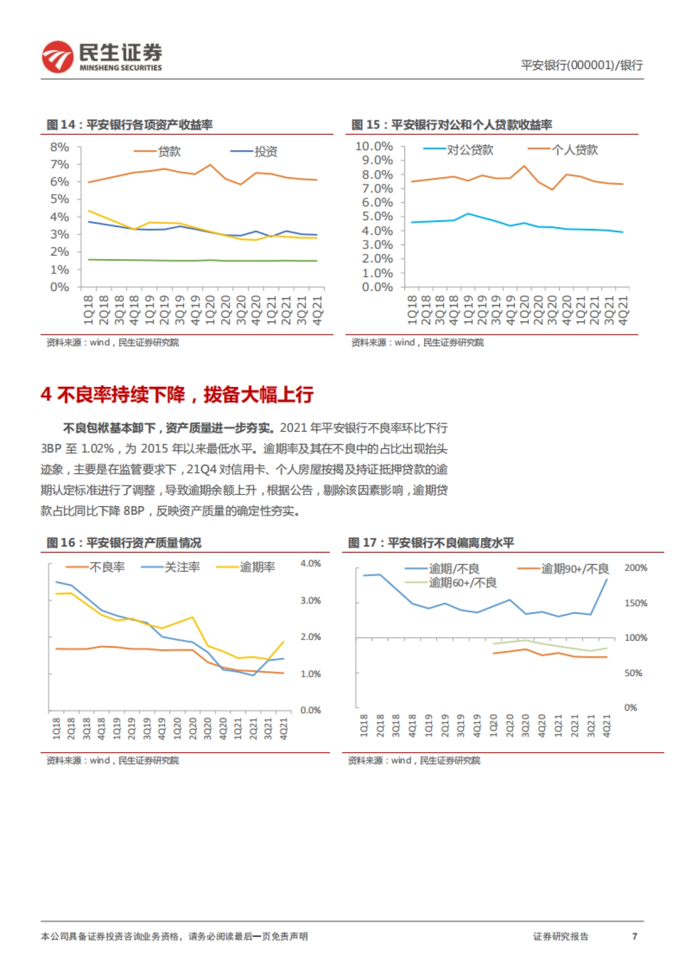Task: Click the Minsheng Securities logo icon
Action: coord(57,56)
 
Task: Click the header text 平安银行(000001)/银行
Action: coord(581,65)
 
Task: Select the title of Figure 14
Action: coord(130,124)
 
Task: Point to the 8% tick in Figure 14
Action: coord(59,147)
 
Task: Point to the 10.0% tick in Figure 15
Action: coord(374,147)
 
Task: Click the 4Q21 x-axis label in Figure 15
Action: coord(623,310)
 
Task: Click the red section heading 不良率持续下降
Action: coord(177,394)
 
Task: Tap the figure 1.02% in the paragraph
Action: coord(98,449)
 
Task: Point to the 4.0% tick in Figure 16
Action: coord(311,563)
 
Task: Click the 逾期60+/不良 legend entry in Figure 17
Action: coord(462,583)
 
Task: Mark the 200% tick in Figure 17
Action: coord(635,568)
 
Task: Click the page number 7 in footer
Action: coord(634,936)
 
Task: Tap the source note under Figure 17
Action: coord(414,760)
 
